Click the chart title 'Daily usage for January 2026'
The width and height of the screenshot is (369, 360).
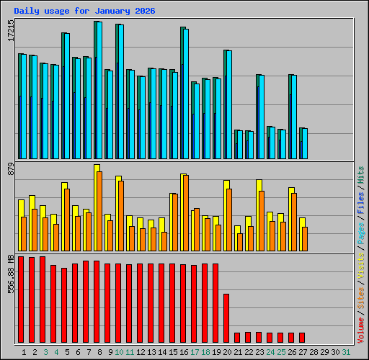[x=84, y=11]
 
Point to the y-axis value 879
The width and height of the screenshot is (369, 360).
[x=11, y=170]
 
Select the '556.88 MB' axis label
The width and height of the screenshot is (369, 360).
[x=11, y=274]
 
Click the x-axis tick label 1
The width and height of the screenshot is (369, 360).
[x=24, y=352]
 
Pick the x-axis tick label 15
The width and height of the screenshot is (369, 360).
[x=173, y=352]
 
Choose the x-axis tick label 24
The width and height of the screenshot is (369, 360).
[x=270, y=352]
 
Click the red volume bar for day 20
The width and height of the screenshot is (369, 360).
[x=226, y=318]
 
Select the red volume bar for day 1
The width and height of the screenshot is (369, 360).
[x=21, y=299]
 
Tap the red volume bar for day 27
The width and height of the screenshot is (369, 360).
[x=302, y=337]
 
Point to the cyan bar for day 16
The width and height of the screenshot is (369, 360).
[x=186, y=94]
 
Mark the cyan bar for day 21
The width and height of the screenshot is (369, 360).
[x=239, y=145]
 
